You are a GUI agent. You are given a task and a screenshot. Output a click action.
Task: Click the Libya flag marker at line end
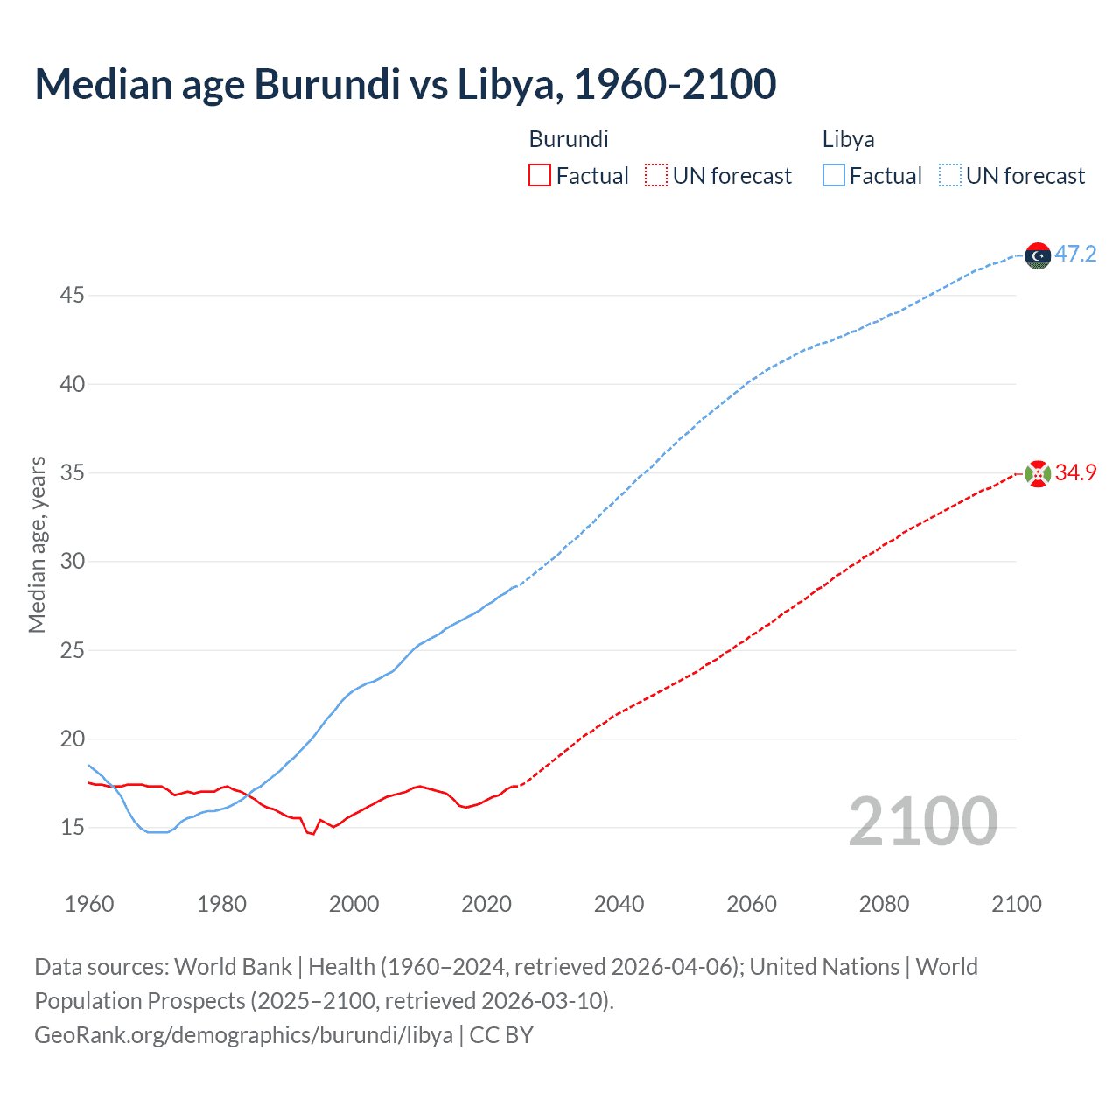tap(1038, 255)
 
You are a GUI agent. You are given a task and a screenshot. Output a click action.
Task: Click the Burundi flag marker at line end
tap(1038, 474)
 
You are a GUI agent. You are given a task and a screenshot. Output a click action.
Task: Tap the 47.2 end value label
tap(1075, 255)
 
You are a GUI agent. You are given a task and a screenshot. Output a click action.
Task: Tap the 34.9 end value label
tap(1075, 473)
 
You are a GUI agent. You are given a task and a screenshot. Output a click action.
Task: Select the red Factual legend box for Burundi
tap(540, 176)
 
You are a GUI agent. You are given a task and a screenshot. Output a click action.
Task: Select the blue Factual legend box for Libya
tap(834, 176)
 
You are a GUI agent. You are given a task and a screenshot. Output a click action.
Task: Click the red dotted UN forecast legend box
tap(656, 176)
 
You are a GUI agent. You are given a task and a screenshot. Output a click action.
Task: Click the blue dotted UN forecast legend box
tap(950, 176)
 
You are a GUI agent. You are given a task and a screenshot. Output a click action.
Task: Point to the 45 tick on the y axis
tap(73, 296)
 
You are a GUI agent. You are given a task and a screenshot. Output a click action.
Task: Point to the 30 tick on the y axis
tap(73, 562)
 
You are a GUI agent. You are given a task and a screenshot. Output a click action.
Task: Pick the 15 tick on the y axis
tap(73, 828)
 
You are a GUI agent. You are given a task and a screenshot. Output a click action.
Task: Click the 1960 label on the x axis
tap(89, 905)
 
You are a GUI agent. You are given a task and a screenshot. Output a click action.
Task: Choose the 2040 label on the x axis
tap(619, 905)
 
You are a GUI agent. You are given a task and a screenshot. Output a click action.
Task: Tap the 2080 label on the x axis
tap(884, 905)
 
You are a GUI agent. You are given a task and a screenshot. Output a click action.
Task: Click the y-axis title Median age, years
tap(37, 544)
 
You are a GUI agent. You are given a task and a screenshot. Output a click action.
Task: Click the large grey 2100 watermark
tap(922, 822)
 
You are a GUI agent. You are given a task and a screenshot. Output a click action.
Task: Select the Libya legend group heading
tap(848, 139)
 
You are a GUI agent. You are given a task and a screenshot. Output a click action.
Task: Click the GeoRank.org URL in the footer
tap(243, 1035)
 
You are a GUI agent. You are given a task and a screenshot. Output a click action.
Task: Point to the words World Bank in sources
tap(233, 967)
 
